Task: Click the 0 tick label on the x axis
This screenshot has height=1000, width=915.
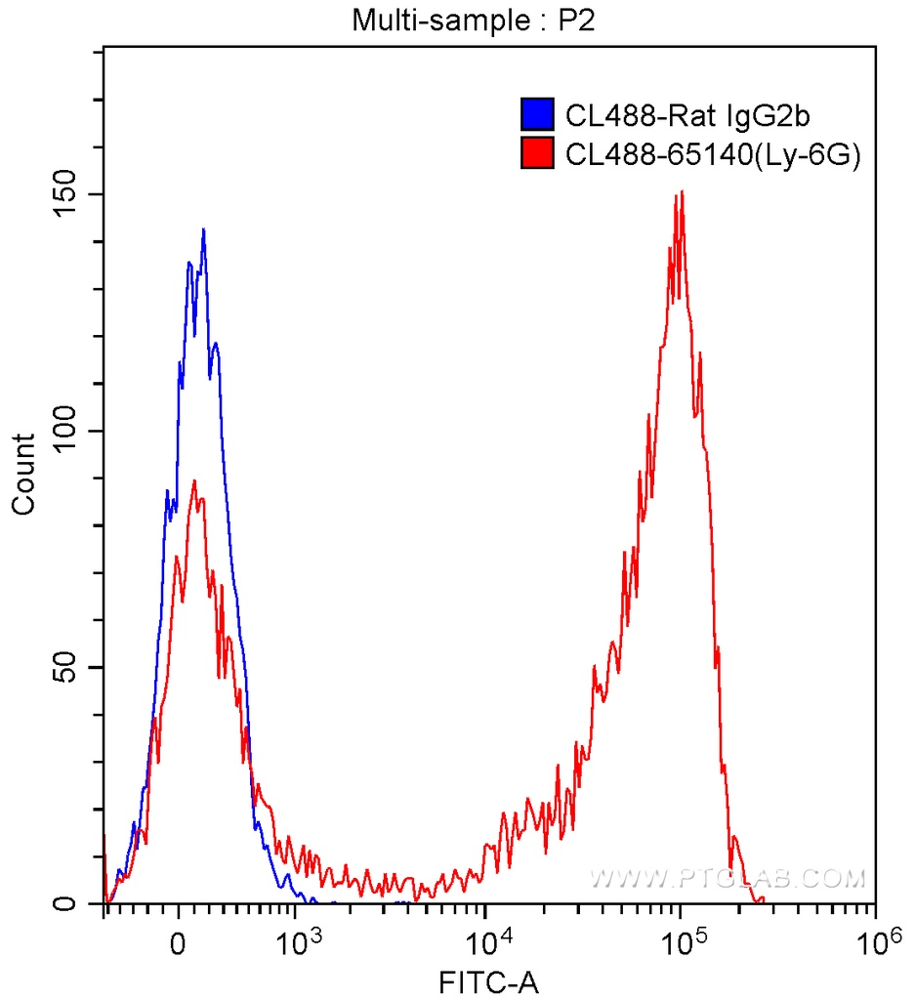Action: (x=178, y=945)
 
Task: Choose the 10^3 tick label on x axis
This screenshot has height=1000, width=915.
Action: (x=299, y=942)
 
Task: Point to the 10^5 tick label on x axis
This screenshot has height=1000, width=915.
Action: (x=682, y=942)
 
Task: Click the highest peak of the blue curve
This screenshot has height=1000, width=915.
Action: (x=203, y=230)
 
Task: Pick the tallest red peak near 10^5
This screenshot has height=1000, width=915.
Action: (x=681, y=192)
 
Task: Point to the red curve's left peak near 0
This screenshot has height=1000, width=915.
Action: (x=194, y=480)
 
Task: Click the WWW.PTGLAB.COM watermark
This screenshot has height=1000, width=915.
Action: (x=728, y=878)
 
